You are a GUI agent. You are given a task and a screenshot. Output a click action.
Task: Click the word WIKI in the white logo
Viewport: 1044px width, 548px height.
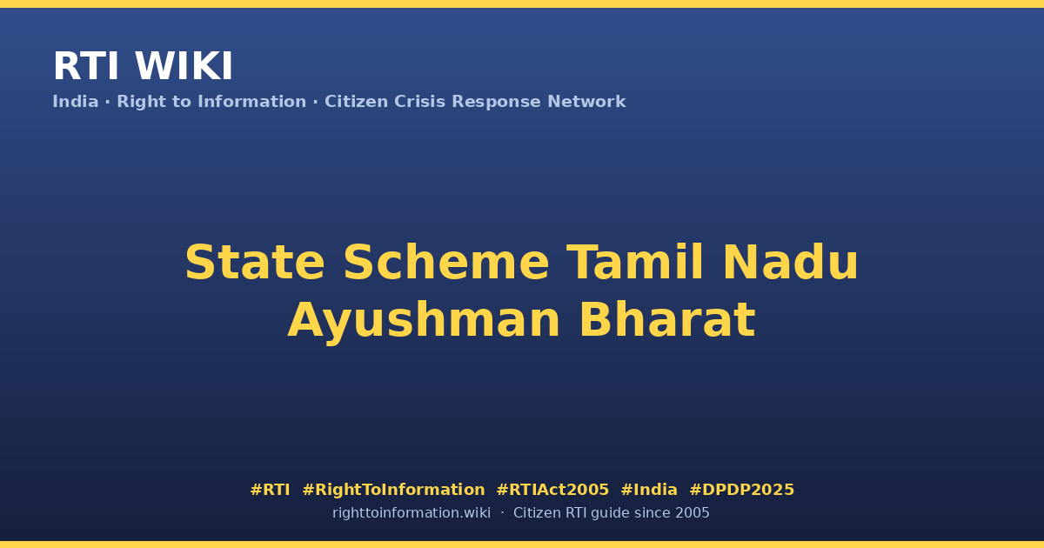(184, 66)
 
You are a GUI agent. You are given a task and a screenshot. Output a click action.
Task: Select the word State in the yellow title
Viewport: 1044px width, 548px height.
(254, 263)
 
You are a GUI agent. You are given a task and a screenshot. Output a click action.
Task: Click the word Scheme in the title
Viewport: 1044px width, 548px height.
(446, 263)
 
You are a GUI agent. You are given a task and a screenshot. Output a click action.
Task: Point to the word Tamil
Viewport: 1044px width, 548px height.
(635, 262)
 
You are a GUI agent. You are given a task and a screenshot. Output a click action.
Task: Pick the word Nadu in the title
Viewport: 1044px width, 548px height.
(790, 262)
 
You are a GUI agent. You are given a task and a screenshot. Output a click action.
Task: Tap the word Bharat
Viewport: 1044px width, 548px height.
(667, 320)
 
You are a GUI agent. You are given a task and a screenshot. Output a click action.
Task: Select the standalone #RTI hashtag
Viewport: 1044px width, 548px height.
(270, 490)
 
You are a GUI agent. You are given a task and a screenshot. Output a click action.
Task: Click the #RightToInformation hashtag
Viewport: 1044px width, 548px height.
(393, 491)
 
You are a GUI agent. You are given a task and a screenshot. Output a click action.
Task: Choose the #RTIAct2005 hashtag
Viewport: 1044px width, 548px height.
(552, 490)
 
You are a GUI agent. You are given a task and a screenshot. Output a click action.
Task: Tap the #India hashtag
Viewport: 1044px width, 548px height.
(649, 490)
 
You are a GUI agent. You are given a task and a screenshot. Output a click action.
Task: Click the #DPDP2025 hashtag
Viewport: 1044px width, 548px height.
(741, 490)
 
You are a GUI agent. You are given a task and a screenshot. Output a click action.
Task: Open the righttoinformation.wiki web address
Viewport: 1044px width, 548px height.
(411, 513)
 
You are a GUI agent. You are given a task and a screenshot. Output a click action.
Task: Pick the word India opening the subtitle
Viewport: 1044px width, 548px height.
(76, 102)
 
